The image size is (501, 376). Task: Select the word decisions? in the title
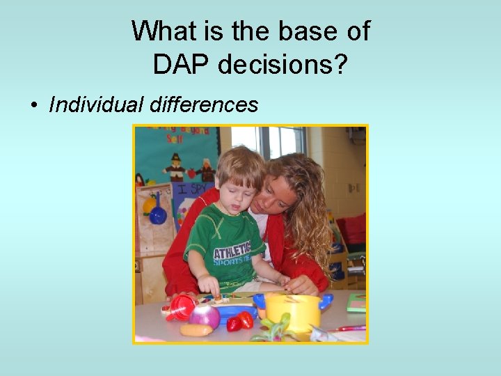(x=283, y=65)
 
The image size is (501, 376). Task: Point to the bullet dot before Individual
(x=33, y=106)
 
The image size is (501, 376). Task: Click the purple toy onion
(x=205, y=316)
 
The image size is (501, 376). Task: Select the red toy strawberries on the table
(x=240, y=321)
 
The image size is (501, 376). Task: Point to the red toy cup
(x=182, y=307)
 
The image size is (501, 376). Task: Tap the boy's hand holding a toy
(x=209, y=285)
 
